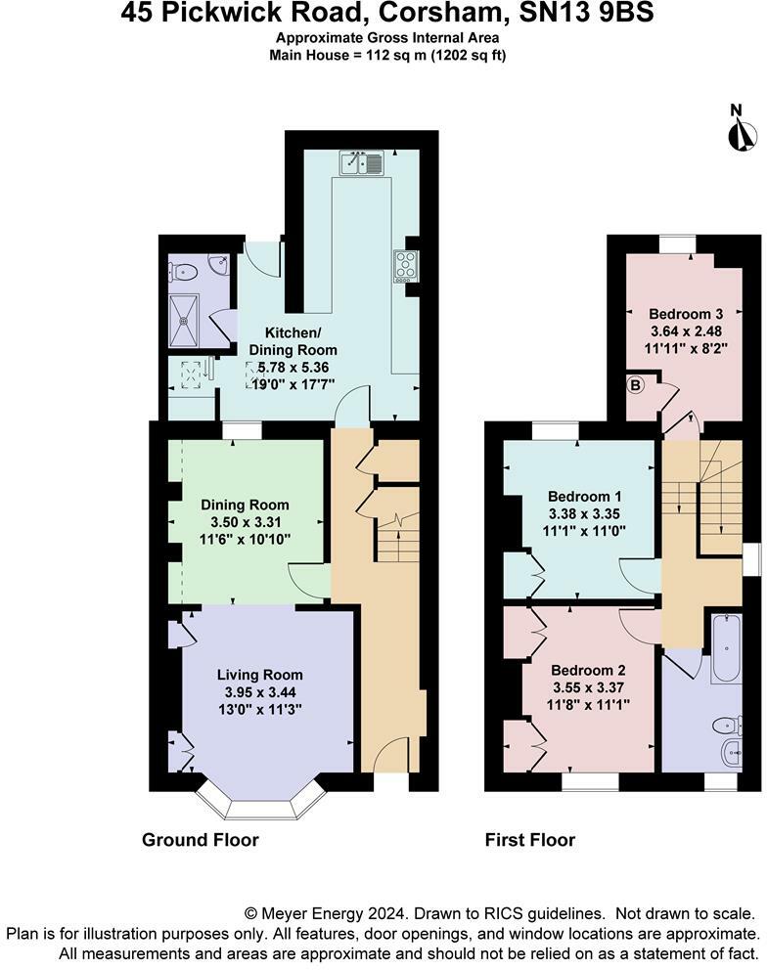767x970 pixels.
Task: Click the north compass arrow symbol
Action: [x=743, y=135]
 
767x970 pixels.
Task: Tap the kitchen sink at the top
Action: [x=363, y=162]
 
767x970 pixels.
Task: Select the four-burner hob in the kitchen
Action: [x=406, y=267]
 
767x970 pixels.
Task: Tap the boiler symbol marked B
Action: [x=635, y=385]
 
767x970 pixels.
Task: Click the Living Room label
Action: [x=260, y=675]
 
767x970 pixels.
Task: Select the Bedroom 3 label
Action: [x=685, y=314]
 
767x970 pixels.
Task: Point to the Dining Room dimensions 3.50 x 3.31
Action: [x=246, y=521]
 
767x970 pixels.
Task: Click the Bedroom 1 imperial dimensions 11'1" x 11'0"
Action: [x=584, y=530]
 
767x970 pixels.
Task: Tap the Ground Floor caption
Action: [x=200, y=840]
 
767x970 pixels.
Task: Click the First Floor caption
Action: [x=530, y=840]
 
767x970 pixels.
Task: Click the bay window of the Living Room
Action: [x=260, y=804]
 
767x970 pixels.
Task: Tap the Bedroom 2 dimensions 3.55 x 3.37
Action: [x=588, y=686]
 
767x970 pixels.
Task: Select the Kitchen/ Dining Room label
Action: [x=293, y=341]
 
